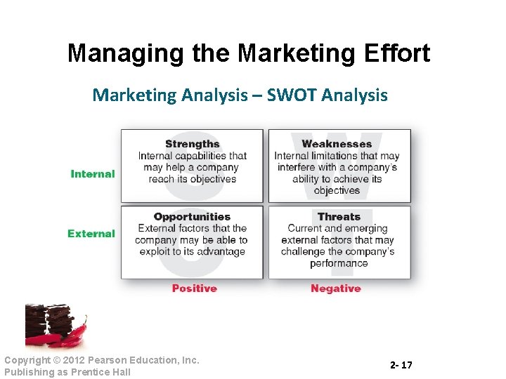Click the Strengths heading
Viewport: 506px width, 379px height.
[192, 144]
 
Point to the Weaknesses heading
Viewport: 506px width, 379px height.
[336, 144]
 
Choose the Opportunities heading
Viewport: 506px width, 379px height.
[192, 217]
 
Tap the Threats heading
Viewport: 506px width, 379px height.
[338, 217]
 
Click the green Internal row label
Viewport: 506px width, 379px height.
[92, 174]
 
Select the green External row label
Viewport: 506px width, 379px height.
[91, 234]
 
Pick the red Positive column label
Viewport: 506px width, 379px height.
[194, 288]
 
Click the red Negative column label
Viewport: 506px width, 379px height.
[335, 288]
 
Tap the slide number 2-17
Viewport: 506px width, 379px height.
[401, 366]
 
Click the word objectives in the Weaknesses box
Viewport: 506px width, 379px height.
[337, 191]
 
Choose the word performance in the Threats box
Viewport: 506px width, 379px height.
[338, 264]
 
